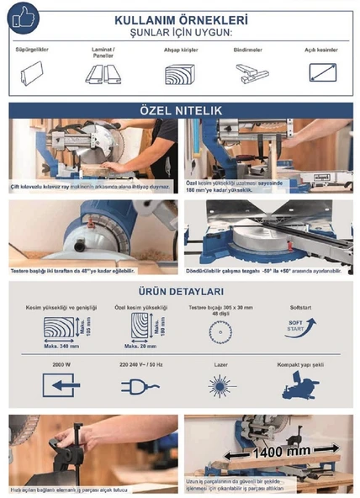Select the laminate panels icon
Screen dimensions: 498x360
pyautogui.click(x=102, y=75)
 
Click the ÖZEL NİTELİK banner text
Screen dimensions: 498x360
pyautogui.click(x=180, y=110)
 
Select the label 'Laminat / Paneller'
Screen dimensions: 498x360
pyautogui.click(x=102, y=52)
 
